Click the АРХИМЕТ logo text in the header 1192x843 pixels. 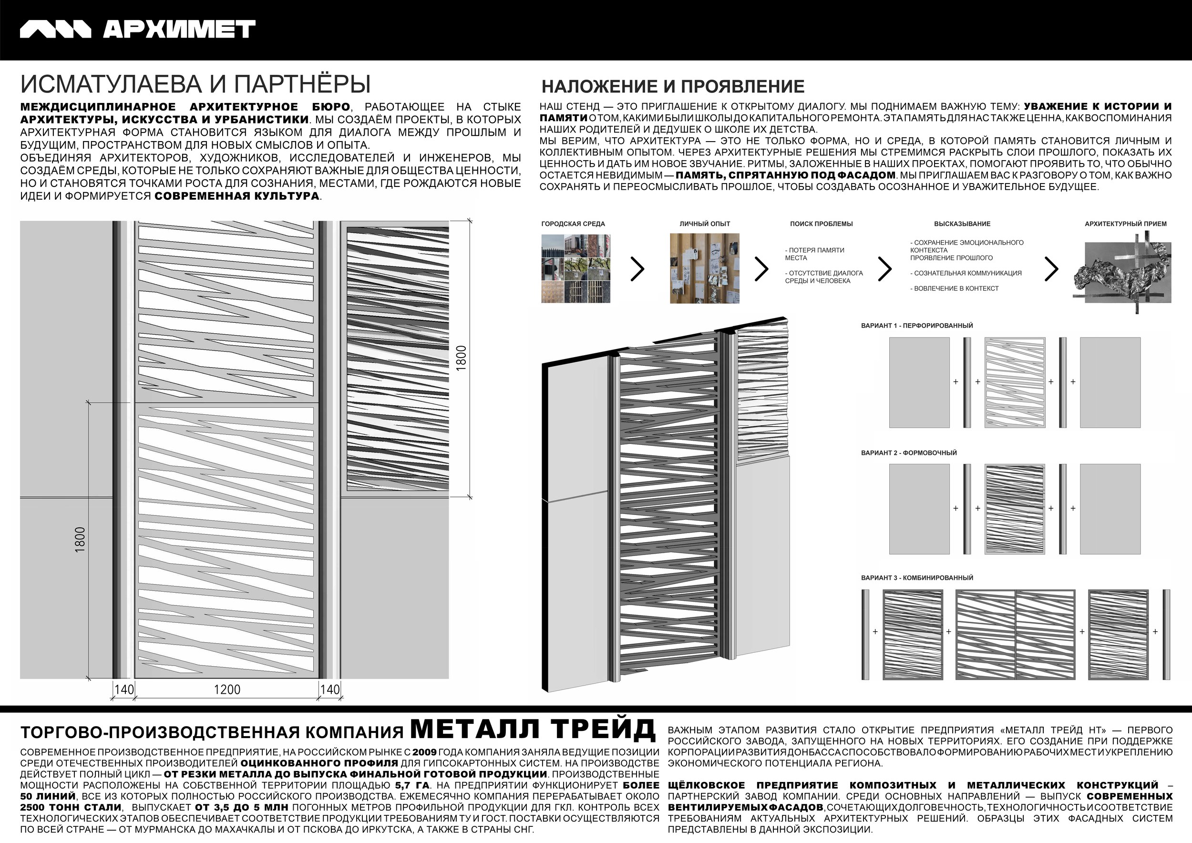179,30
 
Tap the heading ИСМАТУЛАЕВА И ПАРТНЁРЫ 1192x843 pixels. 195,84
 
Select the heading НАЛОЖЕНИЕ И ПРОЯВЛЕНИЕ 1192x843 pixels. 673,86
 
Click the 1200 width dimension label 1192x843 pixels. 227,689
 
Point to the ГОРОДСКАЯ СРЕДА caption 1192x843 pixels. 573,224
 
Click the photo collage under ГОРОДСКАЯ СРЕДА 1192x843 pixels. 576,268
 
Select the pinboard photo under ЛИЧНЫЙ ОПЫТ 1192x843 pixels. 705,268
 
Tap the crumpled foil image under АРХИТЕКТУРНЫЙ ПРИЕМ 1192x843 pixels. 1122,271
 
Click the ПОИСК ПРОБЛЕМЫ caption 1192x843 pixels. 822,224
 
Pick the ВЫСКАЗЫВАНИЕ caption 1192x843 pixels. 962,224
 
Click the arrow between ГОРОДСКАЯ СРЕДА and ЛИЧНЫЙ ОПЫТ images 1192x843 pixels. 637,268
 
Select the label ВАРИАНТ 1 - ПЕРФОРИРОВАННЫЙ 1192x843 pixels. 917,326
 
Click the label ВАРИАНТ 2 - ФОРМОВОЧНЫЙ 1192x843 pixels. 908,452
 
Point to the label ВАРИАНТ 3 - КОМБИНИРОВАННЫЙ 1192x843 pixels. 917,578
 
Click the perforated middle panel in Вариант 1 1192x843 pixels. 1015,382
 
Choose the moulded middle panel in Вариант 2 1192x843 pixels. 1015,509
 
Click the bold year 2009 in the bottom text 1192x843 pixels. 424,752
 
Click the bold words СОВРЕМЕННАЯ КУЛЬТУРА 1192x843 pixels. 237,196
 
